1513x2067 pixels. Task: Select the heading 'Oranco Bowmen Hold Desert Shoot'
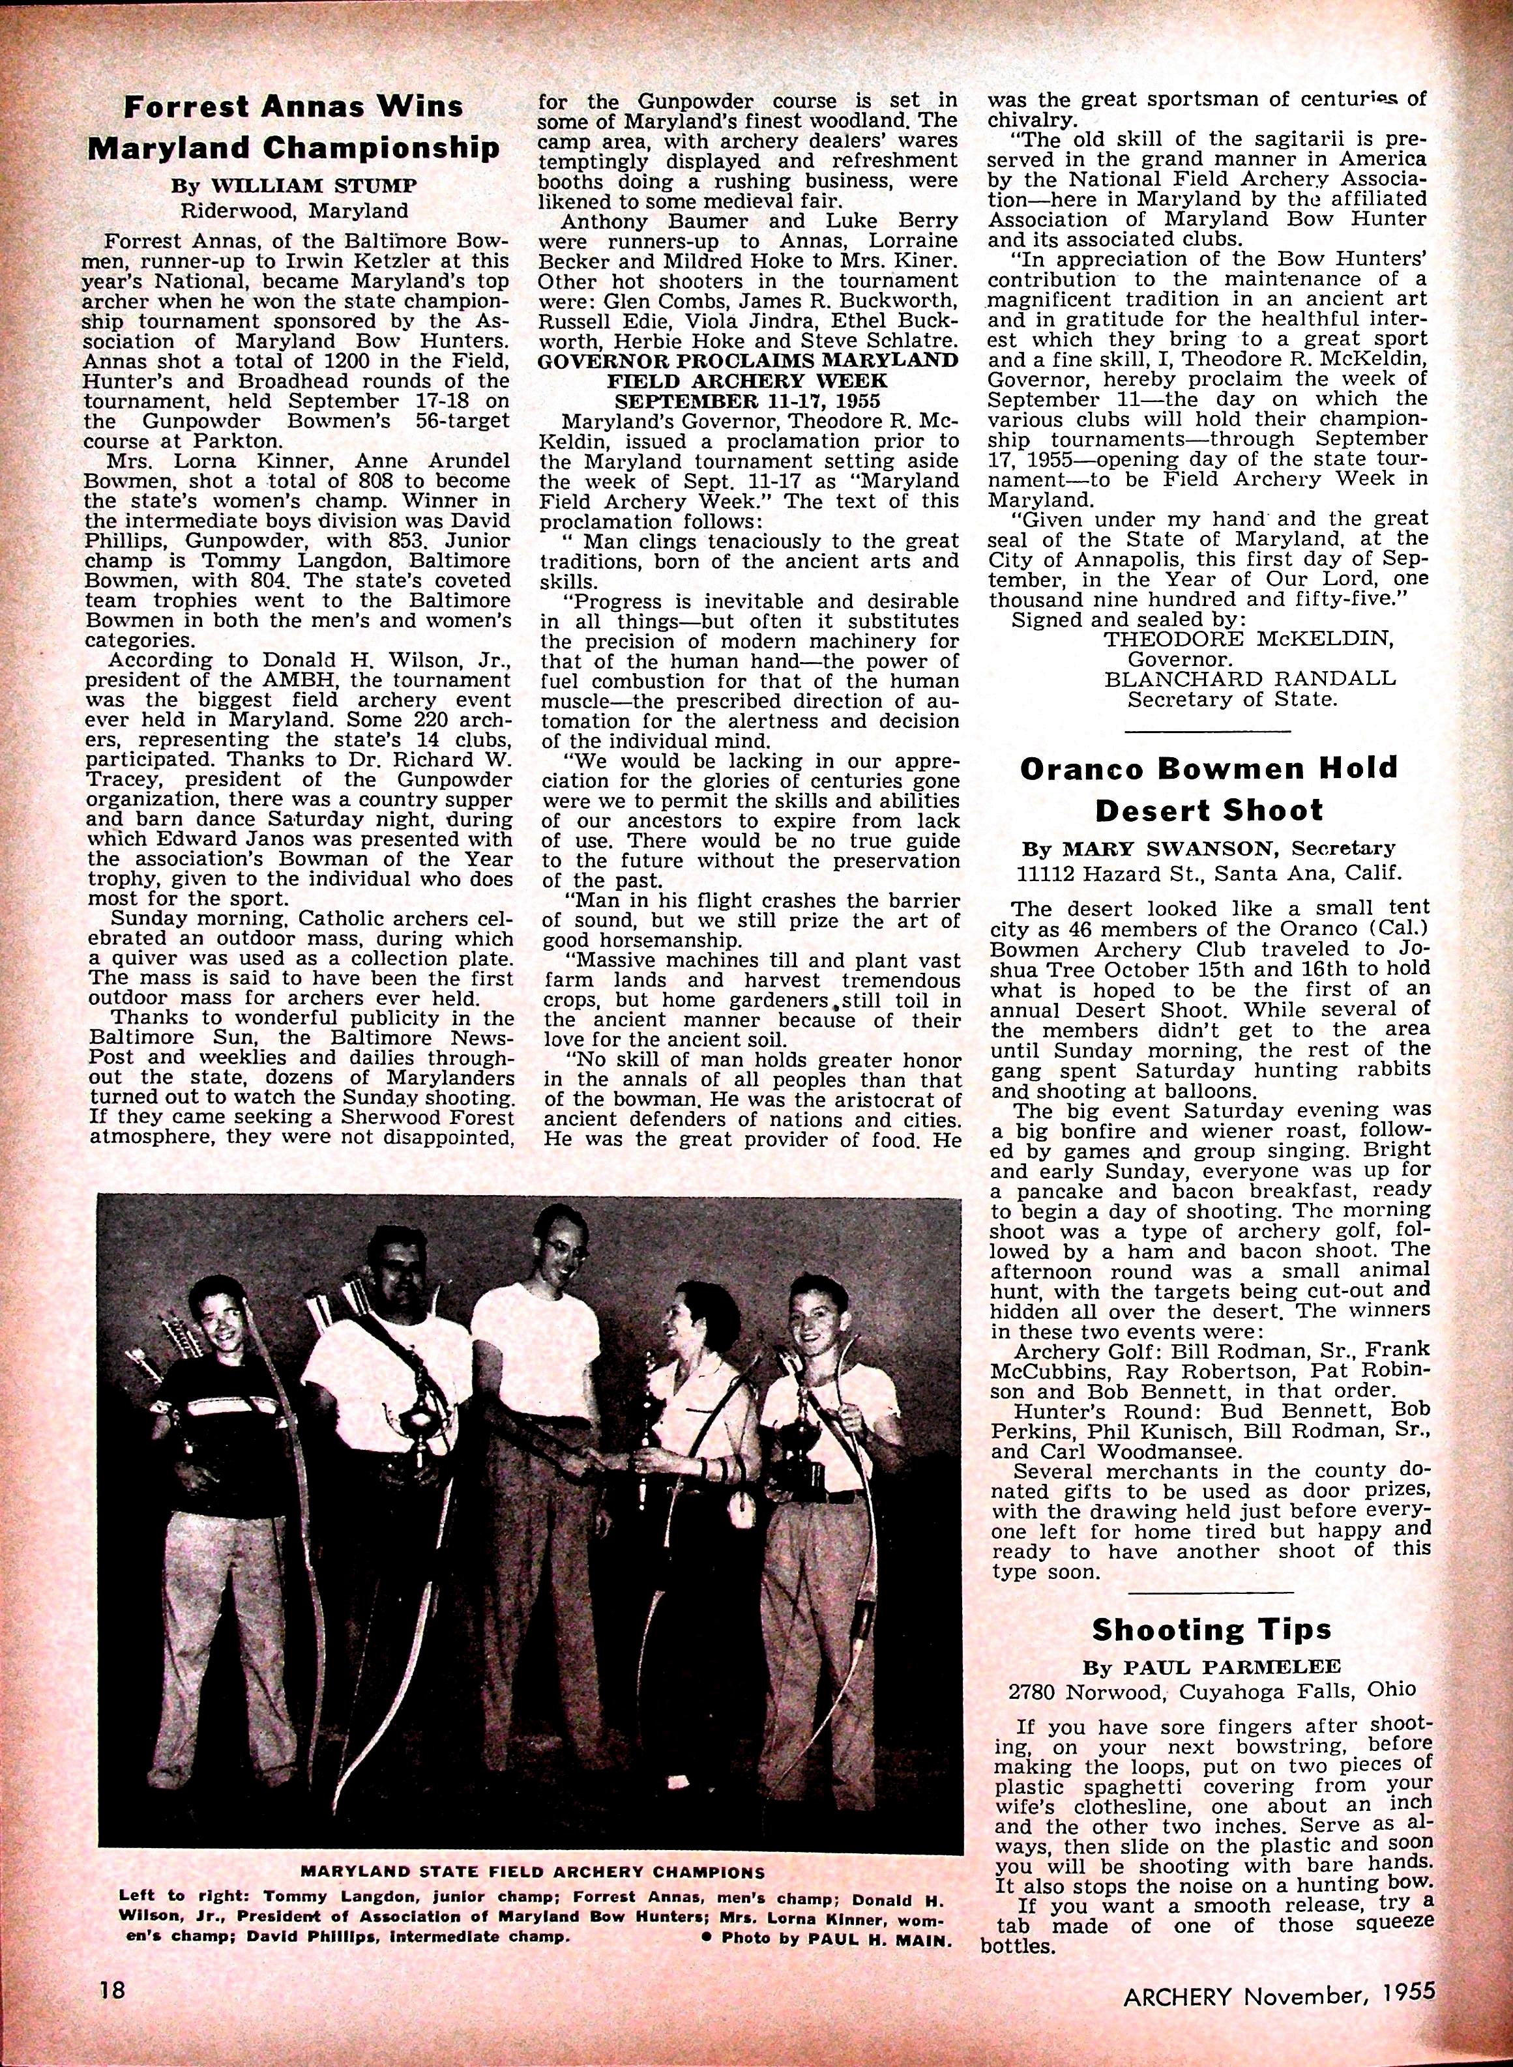[1209, 788]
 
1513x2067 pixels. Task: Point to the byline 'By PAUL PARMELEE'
[1211, 1665]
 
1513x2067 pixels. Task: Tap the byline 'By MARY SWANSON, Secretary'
[1208, 848]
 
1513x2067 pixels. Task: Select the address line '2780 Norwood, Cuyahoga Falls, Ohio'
[1211, 1690]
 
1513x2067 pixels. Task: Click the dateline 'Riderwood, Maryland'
[293, 210]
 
